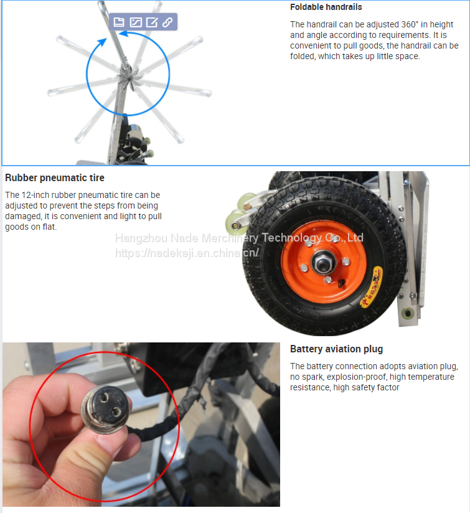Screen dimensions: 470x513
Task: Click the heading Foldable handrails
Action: coord(326,7)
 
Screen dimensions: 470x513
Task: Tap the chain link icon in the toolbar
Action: coord(167,22)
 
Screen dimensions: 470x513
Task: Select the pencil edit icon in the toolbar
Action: coord(151,22)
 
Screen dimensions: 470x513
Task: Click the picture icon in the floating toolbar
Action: coord(136,22)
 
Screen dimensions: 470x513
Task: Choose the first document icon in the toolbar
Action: coord(119,22)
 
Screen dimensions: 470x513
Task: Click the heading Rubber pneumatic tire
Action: coord(55,177)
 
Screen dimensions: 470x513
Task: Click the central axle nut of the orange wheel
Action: coord(323,262)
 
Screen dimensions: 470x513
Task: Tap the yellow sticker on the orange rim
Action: coord(372,286)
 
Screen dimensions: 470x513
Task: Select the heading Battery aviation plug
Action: coord(336,349)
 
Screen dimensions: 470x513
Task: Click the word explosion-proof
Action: coord(357,377)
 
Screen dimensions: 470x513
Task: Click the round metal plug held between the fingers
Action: coord(106,409)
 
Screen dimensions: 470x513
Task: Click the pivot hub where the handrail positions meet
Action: coord(128,75)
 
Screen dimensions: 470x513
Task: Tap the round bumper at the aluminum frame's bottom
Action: coord(408,313)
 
